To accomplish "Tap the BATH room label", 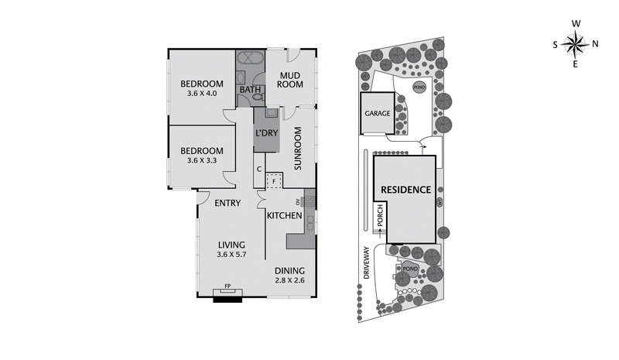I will pyautogui.click(x=249, y=91).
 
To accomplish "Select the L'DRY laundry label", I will pyautogui.click(x=266, y=132).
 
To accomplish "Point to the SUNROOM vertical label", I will pyautogui.click(x=296, y=153).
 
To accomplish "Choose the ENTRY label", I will pyautogui.click(x=227, y=204).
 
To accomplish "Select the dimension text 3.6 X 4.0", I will pyautogui.click(x=202, y=94).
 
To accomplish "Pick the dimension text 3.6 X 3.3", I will pyautogui.click(x=202, y=160).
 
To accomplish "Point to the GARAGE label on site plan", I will pyautogui.click(x=378, y=113).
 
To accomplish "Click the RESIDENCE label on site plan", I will pyautogui.click(x=404, y=189).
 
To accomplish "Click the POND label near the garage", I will pyautogui.click(x=419, y=87).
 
